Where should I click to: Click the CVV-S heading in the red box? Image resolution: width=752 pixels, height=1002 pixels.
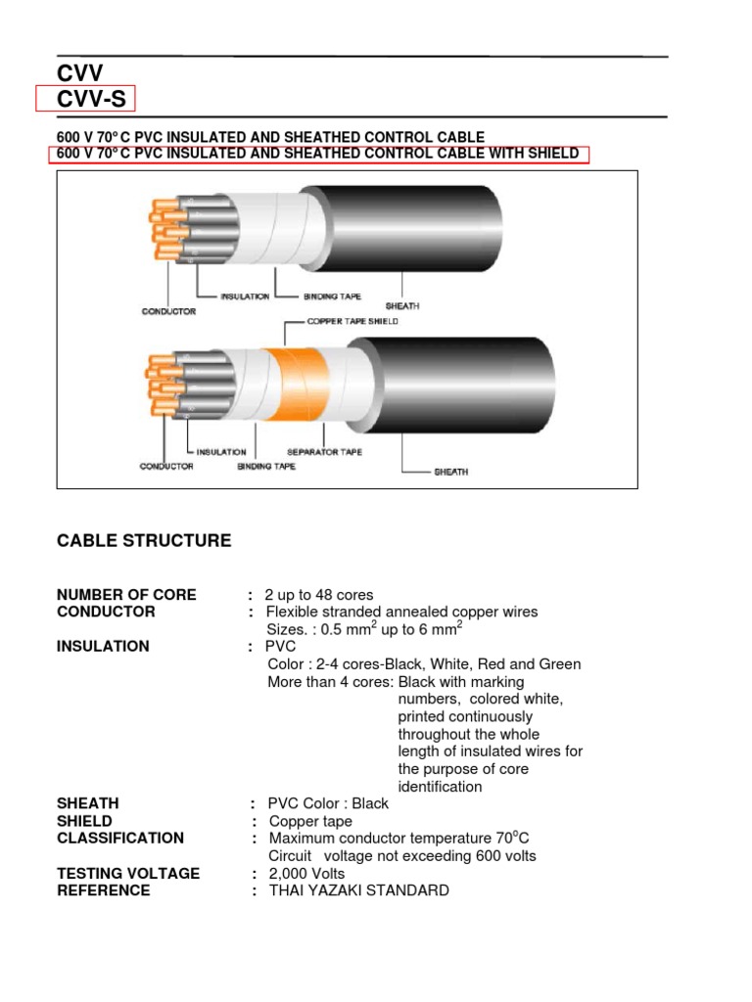93,99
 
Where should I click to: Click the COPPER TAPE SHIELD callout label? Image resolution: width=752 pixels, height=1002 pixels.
353,321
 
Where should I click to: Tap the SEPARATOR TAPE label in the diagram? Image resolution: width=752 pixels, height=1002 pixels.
324,452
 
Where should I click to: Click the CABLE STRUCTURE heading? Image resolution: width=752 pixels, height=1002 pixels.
144,541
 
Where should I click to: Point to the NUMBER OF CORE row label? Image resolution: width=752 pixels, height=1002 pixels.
126,595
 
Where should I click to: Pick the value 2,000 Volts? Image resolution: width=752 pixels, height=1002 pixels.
306,874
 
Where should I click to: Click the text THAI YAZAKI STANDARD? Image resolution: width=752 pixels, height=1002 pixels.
358,891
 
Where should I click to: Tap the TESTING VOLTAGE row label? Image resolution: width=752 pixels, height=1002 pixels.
128,874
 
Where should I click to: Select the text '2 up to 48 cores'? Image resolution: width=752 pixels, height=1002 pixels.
318,595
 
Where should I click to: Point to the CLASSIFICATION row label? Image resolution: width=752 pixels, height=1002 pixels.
120,839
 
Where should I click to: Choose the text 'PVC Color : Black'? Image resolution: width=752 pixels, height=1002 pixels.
328,803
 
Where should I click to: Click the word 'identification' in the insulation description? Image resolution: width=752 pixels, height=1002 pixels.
440,787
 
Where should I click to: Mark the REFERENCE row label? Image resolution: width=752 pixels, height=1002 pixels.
104,891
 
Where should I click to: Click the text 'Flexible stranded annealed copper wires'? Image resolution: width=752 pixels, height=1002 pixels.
402,613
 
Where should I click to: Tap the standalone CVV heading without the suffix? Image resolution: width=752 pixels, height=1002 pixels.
79,72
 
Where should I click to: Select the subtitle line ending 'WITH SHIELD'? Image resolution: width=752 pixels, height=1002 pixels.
318,154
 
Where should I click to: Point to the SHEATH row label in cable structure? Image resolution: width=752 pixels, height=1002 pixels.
88,803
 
